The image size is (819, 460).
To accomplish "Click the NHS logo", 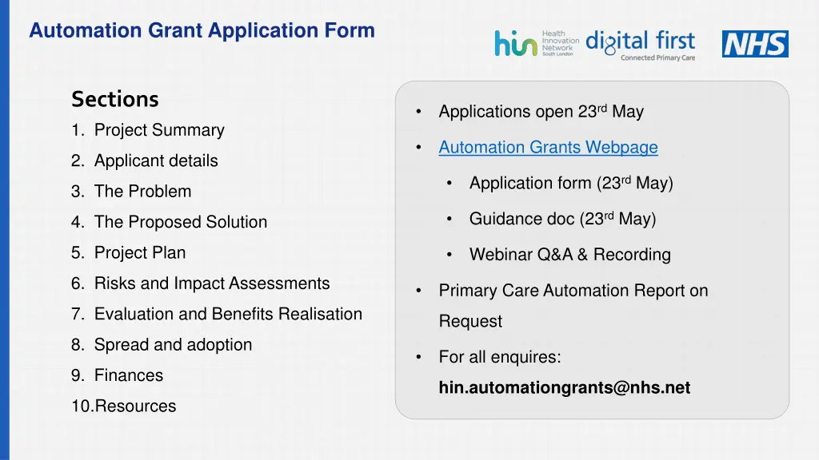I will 755,44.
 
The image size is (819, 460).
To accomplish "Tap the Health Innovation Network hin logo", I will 536,43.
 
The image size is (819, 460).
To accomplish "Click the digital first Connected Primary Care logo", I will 641,45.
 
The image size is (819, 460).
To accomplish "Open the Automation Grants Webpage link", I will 548,148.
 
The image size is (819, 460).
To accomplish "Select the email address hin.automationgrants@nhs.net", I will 564,388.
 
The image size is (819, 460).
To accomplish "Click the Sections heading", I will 115,99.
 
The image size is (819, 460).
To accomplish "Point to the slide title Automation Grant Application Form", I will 202,31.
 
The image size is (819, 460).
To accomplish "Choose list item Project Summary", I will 159,130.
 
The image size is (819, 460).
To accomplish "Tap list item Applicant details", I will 156,161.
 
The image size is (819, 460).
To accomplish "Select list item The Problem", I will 142,192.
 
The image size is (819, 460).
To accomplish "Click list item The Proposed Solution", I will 181,222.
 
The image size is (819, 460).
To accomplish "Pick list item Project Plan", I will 140,253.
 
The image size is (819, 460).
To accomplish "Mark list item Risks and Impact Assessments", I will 212,284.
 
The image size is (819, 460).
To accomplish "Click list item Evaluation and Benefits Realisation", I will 228,315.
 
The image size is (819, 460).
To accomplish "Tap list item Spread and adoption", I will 173,345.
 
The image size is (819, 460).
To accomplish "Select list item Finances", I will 128,375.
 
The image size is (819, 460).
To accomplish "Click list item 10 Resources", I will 134,406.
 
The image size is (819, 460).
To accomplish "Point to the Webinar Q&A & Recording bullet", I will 569,255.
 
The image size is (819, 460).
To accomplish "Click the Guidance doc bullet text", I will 562,219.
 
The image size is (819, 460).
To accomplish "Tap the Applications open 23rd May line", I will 541,112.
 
